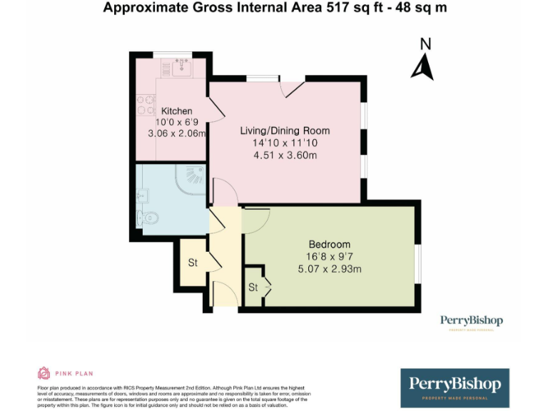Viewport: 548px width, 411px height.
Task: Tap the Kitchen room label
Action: coord(176,111)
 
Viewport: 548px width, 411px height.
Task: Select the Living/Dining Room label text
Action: coord(285,131)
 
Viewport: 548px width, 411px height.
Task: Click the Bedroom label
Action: coord(329,244)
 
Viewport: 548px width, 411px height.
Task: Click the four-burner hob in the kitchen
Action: coord(146,106)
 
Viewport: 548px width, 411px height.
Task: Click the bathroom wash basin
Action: coord(142,195)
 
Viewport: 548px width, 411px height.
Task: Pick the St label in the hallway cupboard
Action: coord(192,263)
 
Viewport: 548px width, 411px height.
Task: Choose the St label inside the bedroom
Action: coord(253,288)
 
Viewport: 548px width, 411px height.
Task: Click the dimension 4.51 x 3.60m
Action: coord(285,155)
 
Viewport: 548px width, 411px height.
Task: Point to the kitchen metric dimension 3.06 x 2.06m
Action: coord(176,133)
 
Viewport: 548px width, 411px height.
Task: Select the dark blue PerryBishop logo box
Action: coord(455,387)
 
